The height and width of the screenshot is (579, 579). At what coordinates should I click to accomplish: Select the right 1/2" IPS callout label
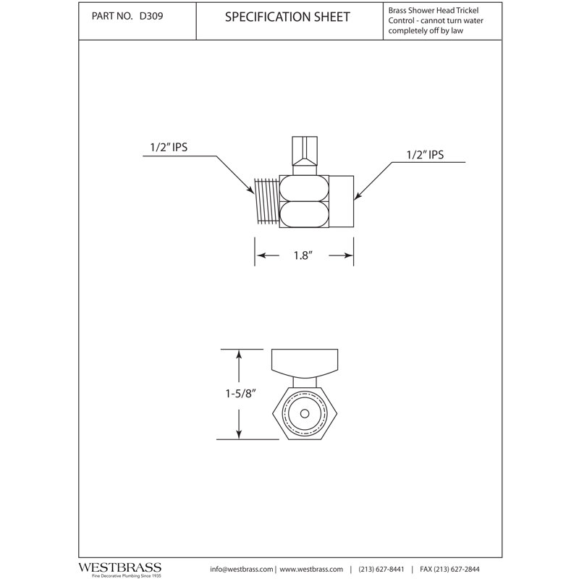(425, 156)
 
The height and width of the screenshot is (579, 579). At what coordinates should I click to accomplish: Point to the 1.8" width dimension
(303, 256)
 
